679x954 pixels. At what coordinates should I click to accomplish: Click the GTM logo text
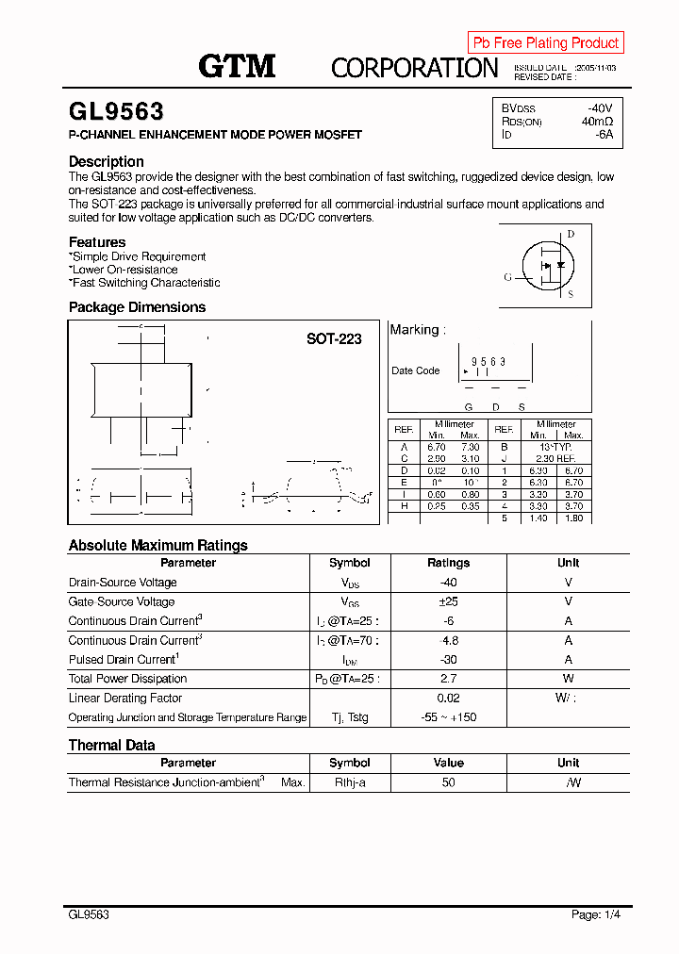click(x=236, y=66)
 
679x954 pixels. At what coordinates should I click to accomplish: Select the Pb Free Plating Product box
click(x=545, y=42)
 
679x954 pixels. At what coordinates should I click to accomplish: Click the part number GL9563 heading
click(x=116, y=111)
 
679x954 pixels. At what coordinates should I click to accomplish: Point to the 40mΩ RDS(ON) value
click(x=597, y=122)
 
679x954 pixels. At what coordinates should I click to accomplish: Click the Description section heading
click(x=107, y=161)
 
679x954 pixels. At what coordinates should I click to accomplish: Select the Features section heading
click(x=97, y=242)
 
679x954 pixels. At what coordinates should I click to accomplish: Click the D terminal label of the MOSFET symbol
click(x=571, y=234)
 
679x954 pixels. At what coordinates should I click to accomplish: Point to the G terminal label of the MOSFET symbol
click(x=507, y=277)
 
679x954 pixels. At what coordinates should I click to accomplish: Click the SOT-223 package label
click(x=334, y=338)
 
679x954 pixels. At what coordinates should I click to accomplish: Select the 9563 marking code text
click(x=489, y=362)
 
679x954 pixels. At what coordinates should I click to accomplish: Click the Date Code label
click(x=415, y=370)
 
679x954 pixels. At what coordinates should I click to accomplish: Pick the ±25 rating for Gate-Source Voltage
click(x=448, y=601)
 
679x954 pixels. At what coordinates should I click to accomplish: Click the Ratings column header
click(x=448, y=563)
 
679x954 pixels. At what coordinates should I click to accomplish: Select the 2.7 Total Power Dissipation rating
click(x=448, y=679)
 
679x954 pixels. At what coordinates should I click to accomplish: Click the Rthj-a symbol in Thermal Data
click(x=350, y=782)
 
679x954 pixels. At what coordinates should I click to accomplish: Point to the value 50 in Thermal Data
click(x=448, y=782)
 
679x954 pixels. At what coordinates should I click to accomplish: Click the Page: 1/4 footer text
click(x=596, y=914)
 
